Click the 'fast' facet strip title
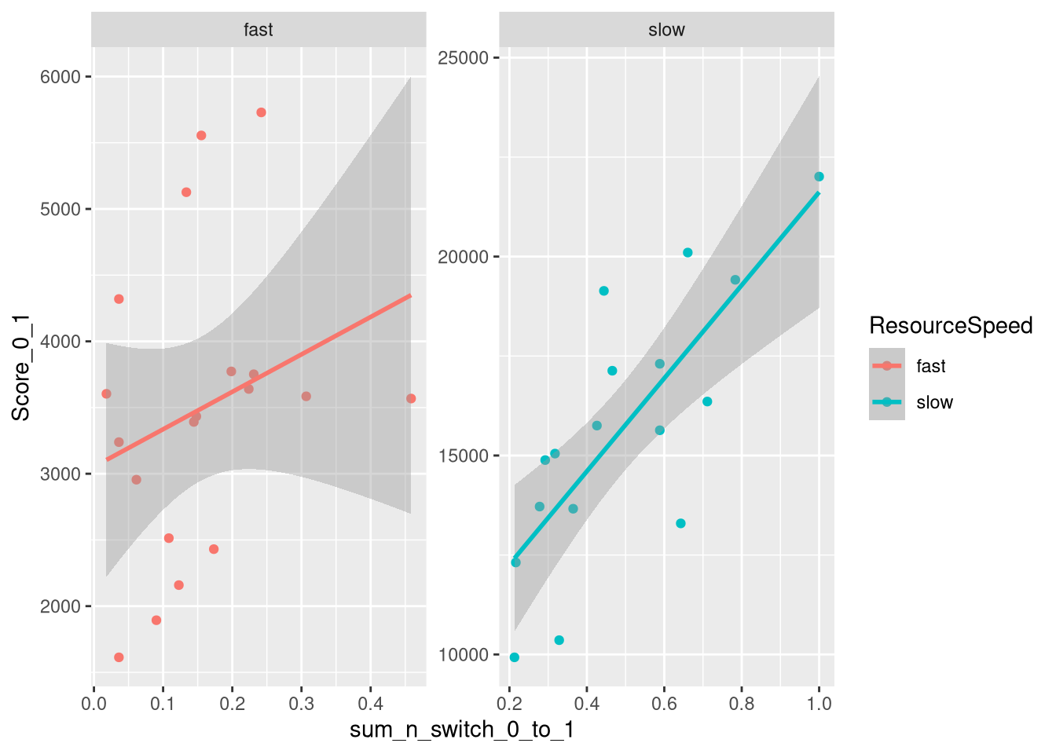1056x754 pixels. tap(258, 30)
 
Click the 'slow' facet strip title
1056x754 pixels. tap(666, 30)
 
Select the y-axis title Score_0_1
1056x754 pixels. tap(21, 368)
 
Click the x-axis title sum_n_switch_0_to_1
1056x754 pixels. tap(462, 730)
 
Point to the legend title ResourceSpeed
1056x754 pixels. tap(951, 325)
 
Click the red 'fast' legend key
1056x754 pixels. tap(887, 366)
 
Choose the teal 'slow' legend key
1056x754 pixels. tap(887, 402)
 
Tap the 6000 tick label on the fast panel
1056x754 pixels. tap(60, 77)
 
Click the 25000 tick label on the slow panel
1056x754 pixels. tap(463, 58)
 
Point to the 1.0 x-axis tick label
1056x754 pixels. tap(819, 704)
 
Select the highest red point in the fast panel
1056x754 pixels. tap(261, 112)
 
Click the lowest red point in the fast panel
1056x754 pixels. tap(119, 657)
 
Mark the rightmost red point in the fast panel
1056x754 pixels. tap(411, 399)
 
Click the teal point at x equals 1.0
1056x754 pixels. tap(819, 177)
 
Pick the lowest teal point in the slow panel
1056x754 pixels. tap(515, 657)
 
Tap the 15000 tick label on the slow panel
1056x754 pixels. tap(463, 456)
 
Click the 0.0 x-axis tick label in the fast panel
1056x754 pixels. tap(93, 704)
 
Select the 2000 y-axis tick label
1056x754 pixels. tap(60, 606)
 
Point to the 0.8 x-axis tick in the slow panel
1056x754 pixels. tap(742, 704)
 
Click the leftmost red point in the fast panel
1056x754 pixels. tap(106, 393)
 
